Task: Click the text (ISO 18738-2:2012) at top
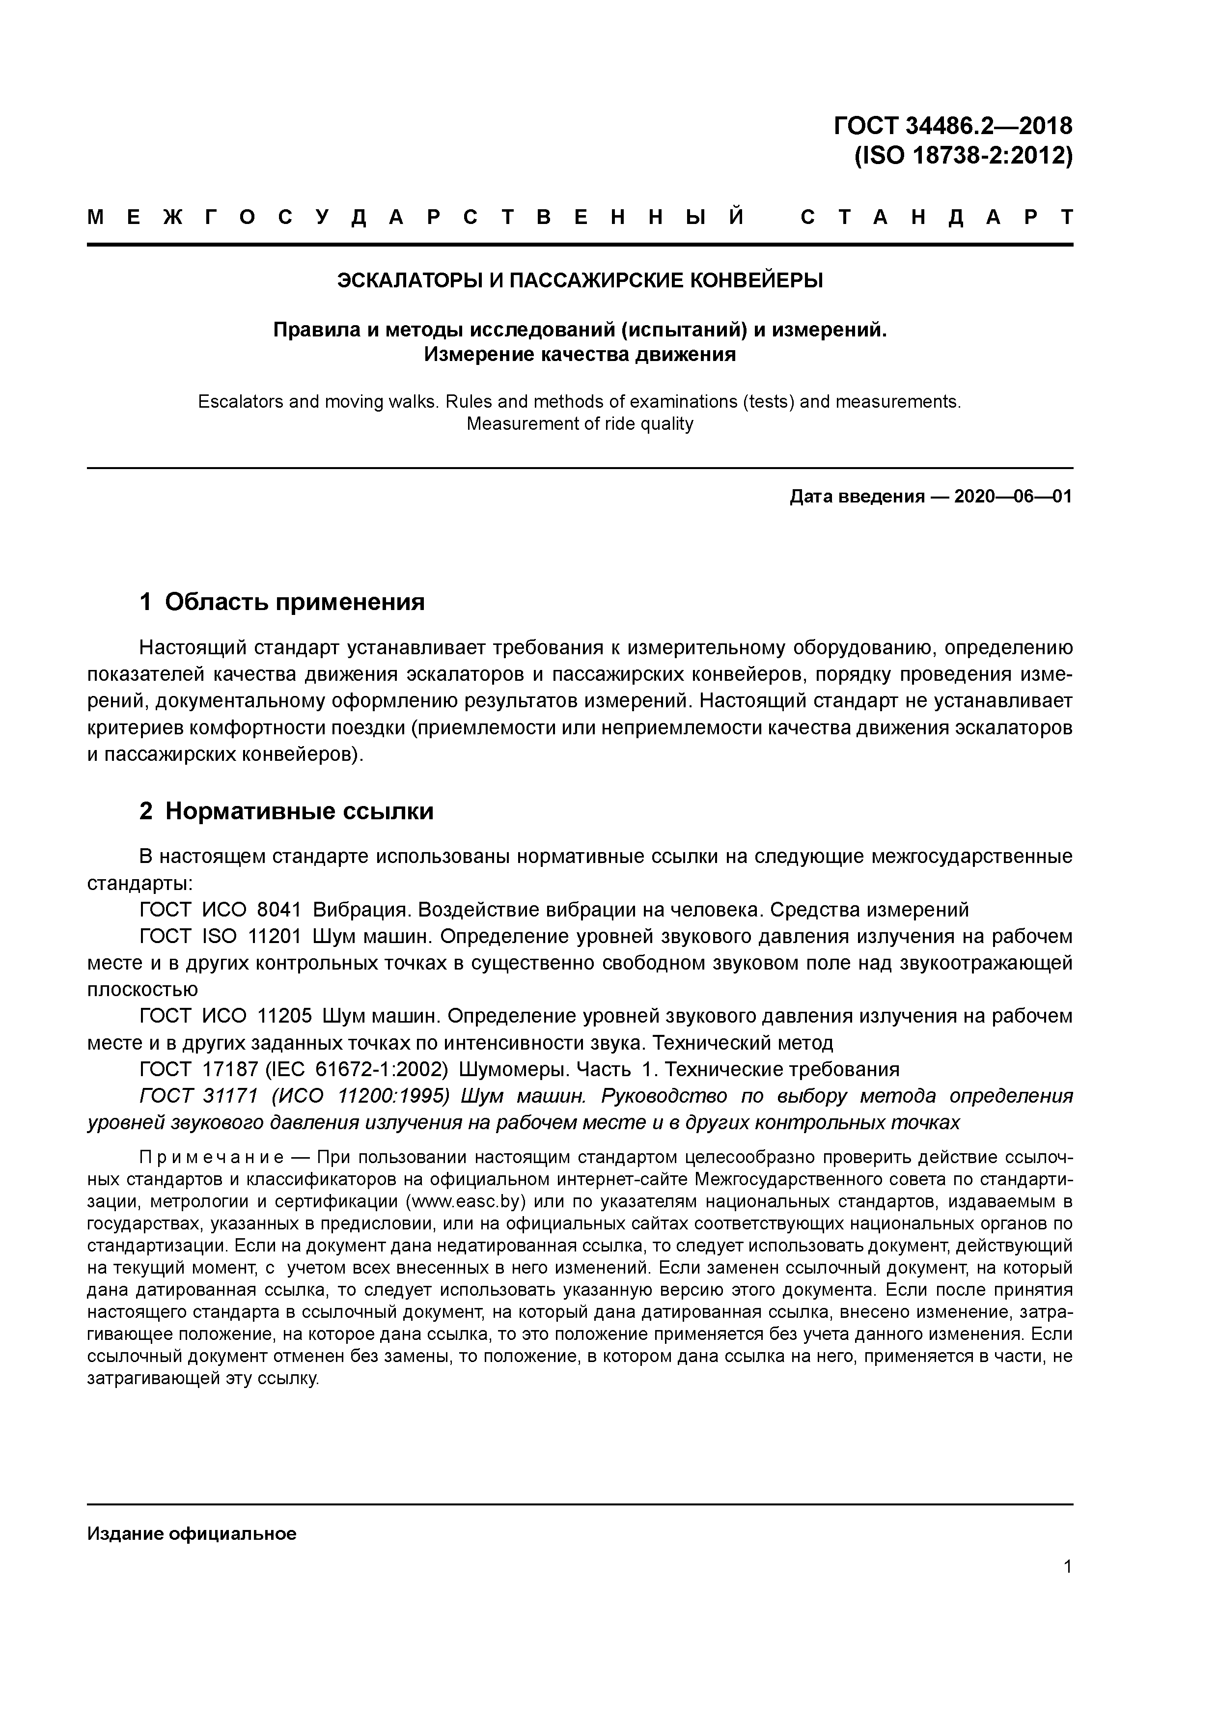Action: click(x=963, y=156)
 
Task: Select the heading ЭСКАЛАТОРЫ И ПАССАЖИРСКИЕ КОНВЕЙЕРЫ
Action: click(x=580, y=280)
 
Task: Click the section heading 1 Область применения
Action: click(x=282, y=602)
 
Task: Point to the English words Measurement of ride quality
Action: click(x=580, y=424)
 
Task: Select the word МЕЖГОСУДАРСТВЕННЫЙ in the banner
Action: click(x=416, y=218)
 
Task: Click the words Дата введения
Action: click(x=856, y=497)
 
